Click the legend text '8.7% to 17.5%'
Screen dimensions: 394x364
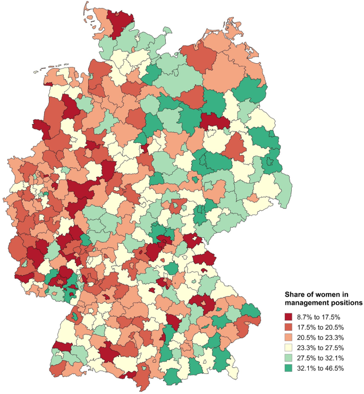point(318,317)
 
